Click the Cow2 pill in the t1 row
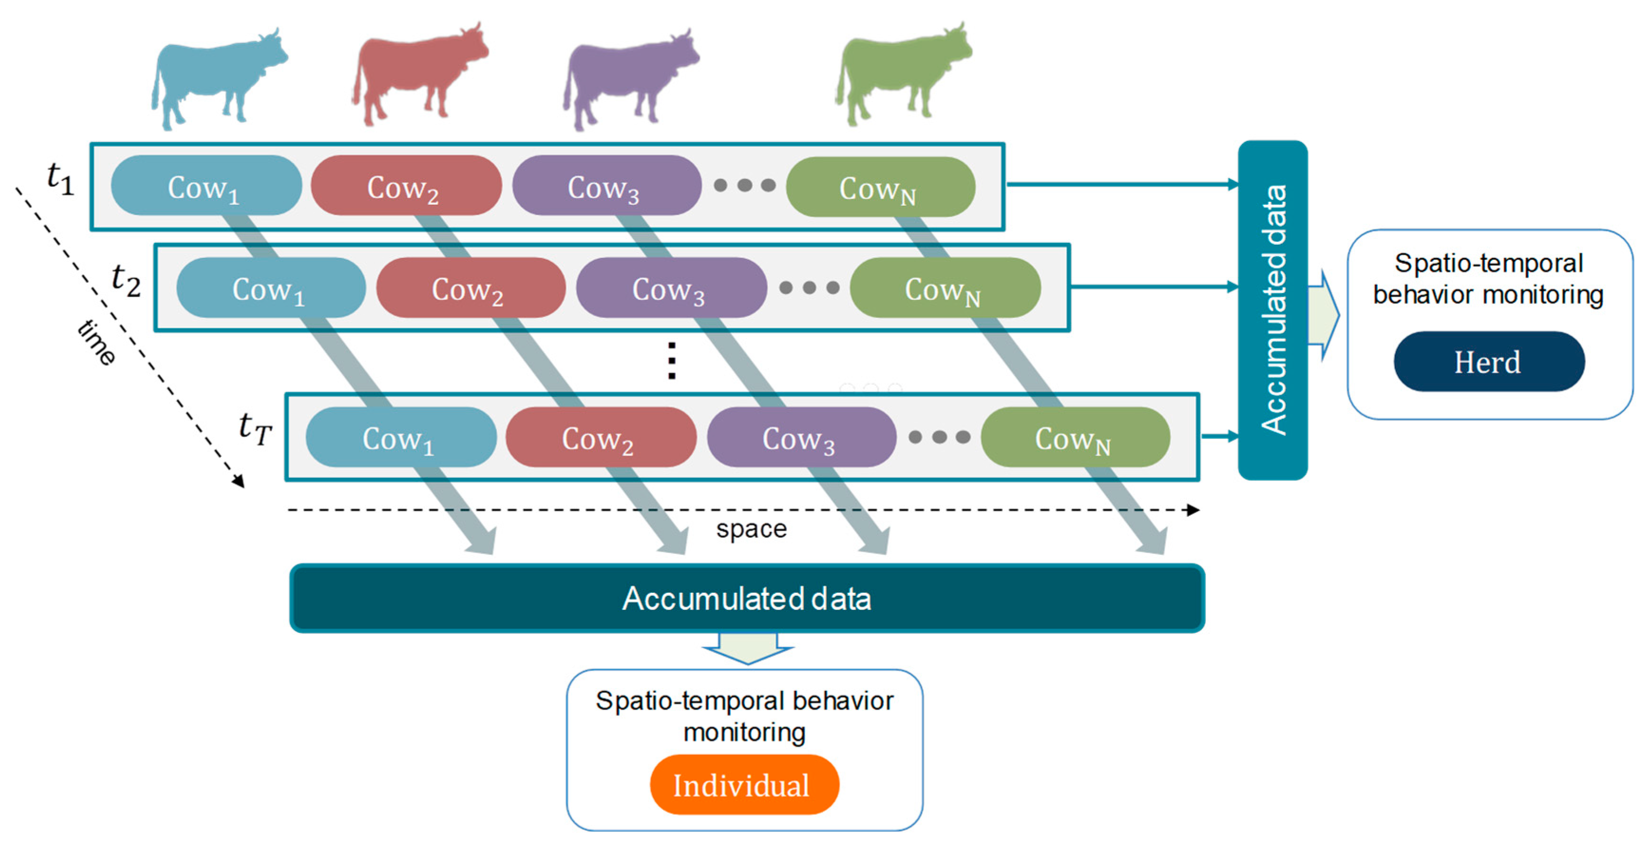coord(406,186)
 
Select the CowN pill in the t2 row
coord(945,288)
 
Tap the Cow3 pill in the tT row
coord(801,438)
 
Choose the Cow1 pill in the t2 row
coord(270,288)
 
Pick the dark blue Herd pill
coord(1489,362)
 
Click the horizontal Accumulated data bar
coord(747,598)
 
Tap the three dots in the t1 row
coord(744,186)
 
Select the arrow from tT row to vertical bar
coord(1219,436)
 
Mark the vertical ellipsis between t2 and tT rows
coord(671,361)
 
